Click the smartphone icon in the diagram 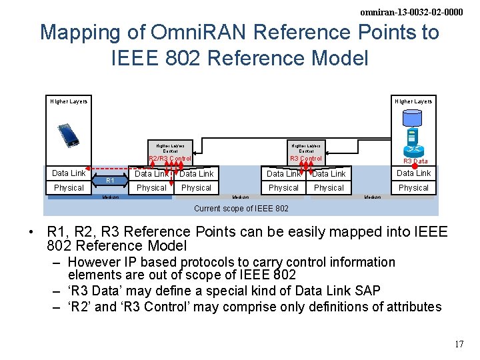click(x=68, y=135)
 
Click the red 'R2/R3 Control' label click(x=169, y=159)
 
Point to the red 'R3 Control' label click(x=306, y=159)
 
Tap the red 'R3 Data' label click(x=415, y=161)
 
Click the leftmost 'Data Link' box click(x=69, y=173)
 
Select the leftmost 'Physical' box click(x=69, y=188)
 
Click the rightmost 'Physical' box click(x=413, y=188)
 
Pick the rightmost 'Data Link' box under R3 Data click(x=413, y=173)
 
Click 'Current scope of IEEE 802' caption click(x=241, y=209)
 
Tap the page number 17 click(x=459, y=345)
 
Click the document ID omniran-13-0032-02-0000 click(x=411, y=12)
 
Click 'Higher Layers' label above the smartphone click(x=69, y=101)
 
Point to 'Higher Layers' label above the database click(x=413, y=101)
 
